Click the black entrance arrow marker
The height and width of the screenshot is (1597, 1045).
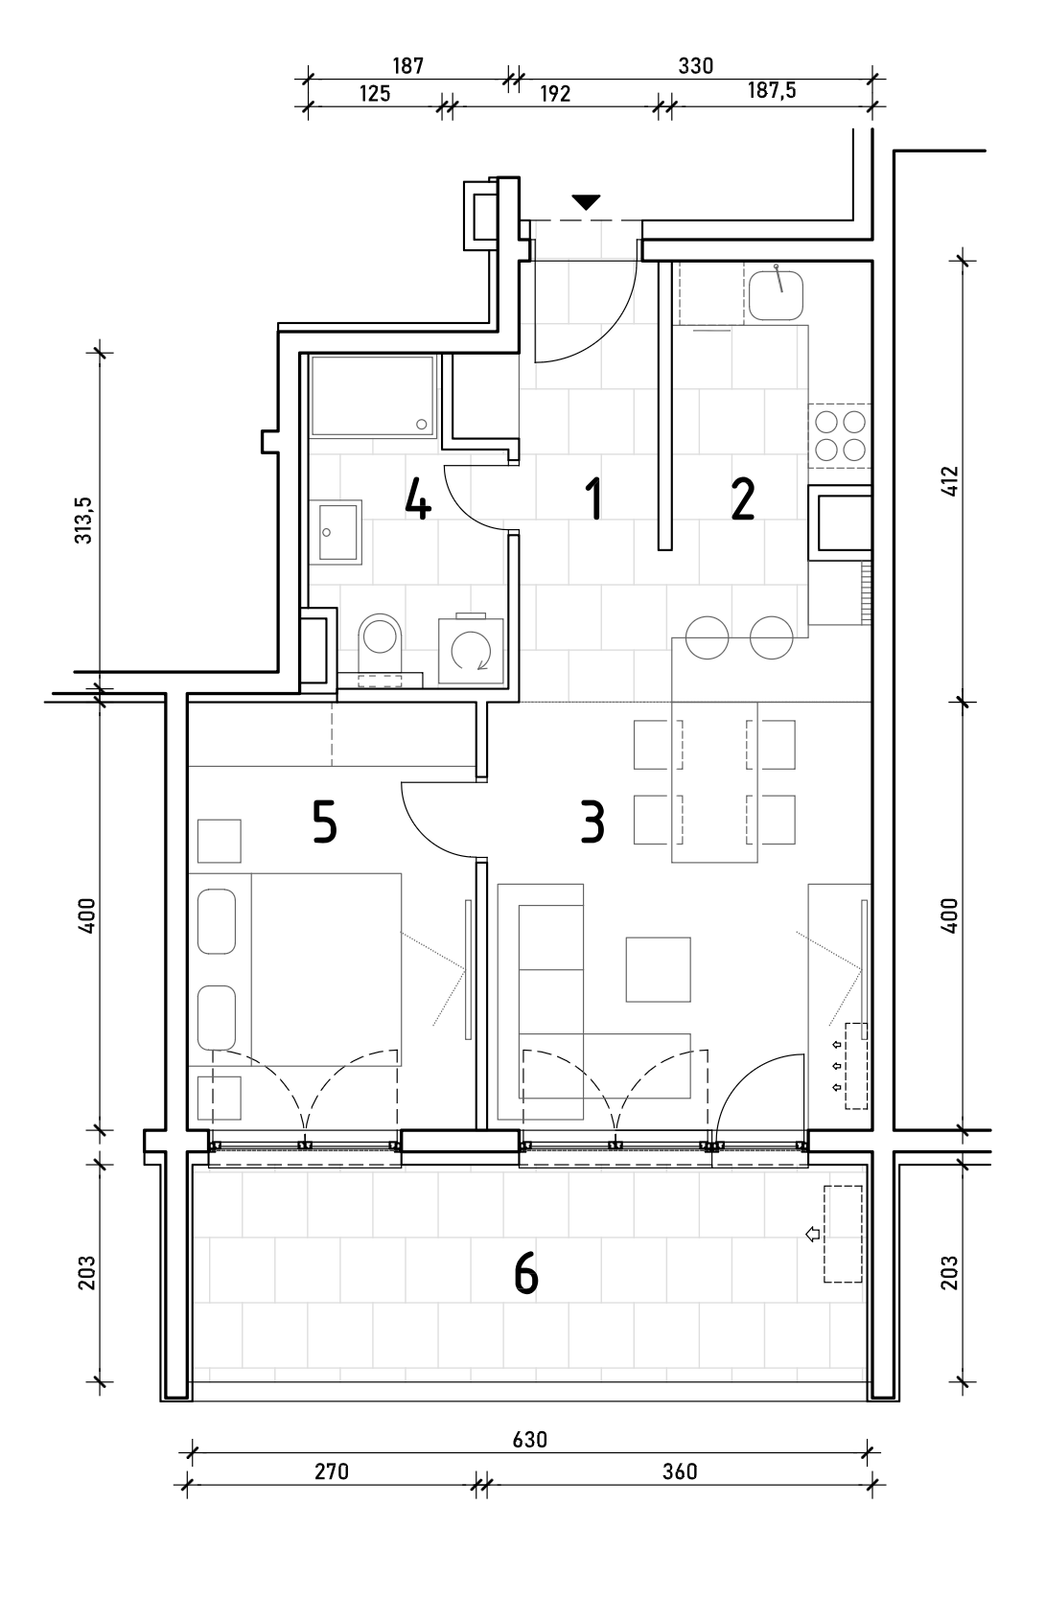pyautogui.click(x=586, y=202)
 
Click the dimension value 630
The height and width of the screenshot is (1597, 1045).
pyautogui.click(x=529, y=1440)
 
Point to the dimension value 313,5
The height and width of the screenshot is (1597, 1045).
pyautogui.click(x=84, y=521)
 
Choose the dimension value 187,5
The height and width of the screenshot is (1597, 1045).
pyautogui.click(x=771, y=90)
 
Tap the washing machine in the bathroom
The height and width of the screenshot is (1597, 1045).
pyautogui.click(x=471, y=650)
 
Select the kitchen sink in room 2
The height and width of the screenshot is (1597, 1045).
pyautogui.click(x=776, y=293)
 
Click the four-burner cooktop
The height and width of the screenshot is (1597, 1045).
pyautogui.click(x=840, y=435)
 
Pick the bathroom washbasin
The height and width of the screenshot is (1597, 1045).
pyautogui.click(x=335, y=532)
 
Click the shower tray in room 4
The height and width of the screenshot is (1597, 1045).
pyautogui.click(x=371, y=397)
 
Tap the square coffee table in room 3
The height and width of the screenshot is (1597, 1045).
pyautogui.click(x=658, y=969)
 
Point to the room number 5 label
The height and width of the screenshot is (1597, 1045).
pyautogui.click(x=324, y=822)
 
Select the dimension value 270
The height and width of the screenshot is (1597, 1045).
pyautogui.click(x=332, y=1471)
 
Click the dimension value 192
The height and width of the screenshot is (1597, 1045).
pyautogui.click(x=555, y=93)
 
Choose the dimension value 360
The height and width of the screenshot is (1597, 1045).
pyautogui.click(x=680, y=1471)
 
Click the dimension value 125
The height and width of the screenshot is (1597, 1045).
pyautogui.click(x=374, y=93)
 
